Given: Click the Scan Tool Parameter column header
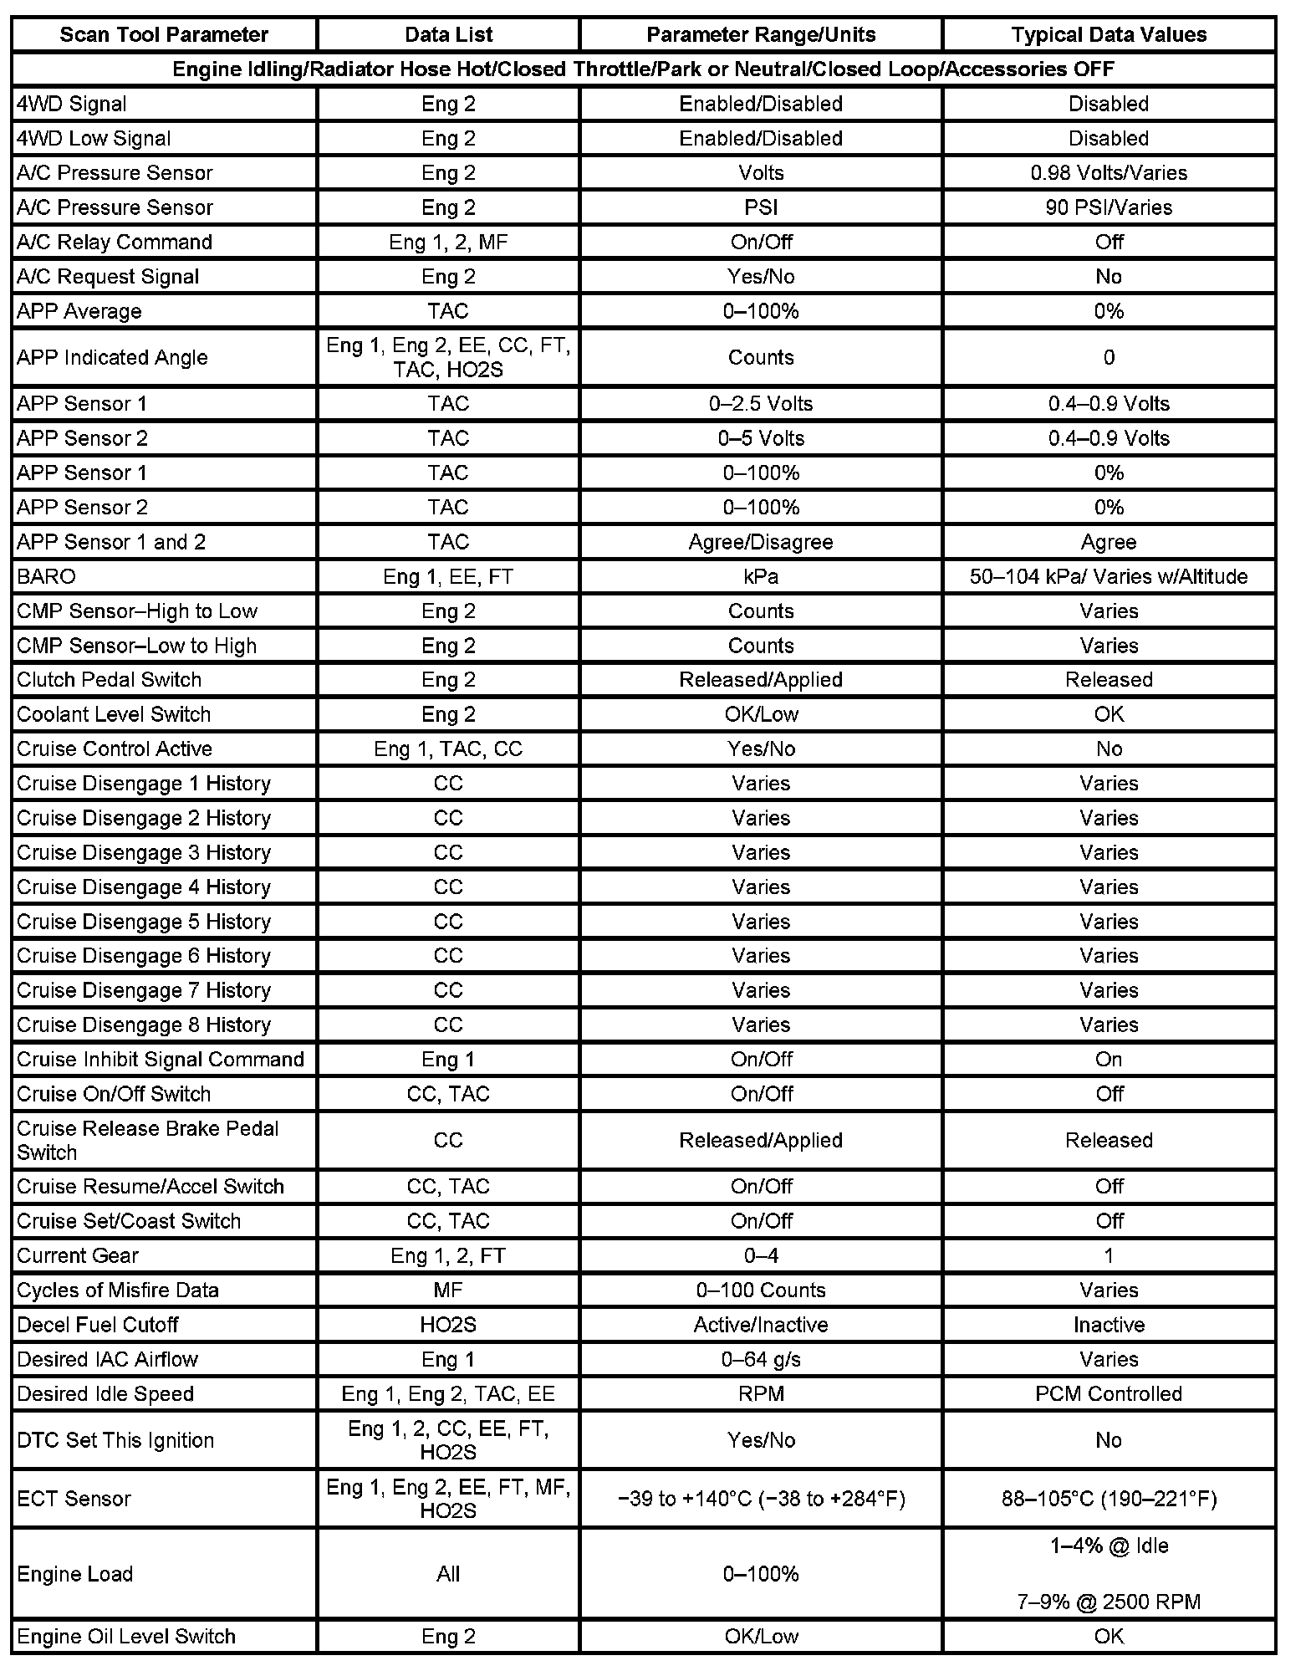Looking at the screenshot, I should pos(164,34).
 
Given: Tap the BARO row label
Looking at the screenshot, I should pos(46,576).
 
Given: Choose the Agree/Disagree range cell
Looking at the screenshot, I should pos(761,542).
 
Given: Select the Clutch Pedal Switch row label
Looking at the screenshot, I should pos(110,679).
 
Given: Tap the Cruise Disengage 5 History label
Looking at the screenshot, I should pos(144,922).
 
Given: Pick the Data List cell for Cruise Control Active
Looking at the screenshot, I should pos(448,749).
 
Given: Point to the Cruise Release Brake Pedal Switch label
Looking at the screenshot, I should pos(147,1140).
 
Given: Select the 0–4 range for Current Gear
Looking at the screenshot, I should pos(761,1255).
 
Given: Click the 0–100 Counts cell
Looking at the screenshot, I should pos(761,1290).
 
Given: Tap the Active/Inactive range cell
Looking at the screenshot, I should pos(761,1325).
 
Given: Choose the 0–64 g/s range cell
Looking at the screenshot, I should pos(761,1359).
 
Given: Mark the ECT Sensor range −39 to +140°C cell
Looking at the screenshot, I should pos(761,1499).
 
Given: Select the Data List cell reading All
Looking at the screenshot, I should pos(448,1574).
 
